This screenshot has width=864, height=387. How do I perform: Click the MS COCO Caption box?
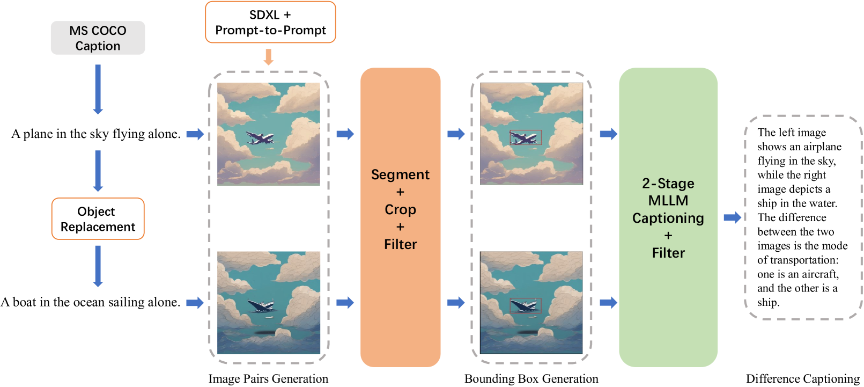98,38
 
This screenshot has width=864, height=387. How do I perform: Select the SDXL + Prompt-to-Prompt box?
270,23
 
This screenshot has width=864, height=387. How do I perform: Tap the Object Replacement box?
98,219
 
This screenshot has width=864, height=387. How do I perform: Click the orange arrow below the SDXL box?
269,57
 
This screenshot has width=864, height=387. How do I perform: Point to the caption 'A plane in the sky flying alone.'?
96,134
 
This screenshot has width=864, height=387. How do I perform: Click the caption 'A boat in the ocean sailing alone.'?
90,302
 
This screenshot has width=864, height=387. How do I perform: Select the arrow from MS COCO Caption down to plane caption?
98,89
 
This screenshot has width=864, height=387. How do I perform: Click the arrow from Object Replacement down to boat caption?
98,266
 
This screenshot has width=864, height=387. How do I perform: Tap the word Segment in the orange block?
400,175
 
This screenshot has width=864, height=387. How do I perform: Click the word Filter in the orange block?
400,245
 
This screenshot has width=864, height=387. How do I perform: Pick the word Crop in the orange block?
400,210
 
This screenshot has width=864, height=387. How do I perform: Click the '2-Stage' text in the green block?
668,184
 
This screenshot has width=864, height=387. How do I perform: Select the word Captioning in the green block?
668,218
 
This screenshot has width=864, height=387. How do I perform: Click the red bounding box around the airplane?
526,137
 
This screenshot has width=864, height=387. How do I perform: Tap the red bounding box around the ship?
526,305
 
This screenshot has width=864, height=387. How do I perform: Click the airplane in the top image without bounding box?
260,138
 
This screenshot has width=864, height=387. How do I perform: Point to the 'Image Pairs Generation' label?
268,379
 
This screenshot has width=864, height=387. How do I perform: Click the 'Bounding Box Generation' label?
531,379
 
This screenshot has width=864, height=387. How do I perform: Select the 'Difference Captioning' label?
802,379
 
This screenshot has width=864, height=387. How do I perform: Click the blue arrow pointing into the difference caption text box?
732,217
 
